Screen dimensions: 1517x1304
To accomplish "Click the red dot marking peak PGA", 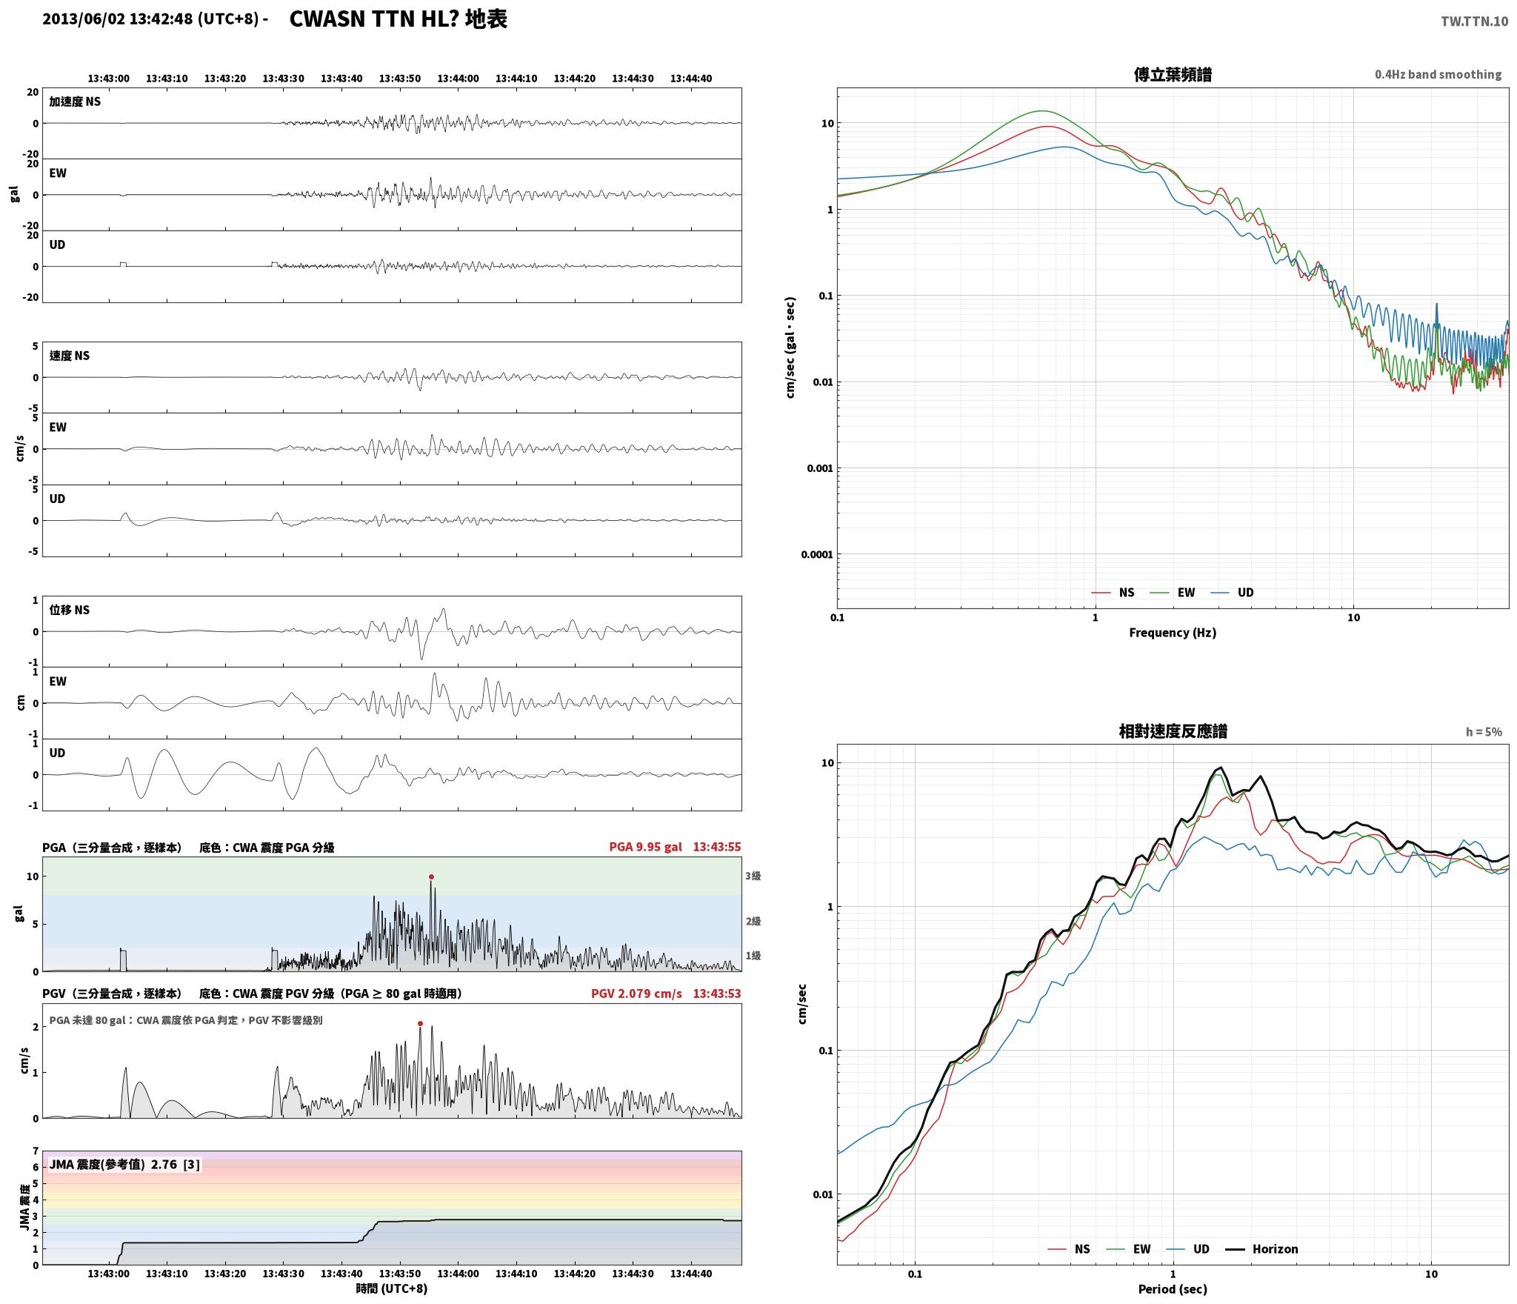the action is point(431,876).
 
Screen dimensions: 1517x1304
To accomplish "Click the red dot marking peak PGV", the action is point(420,1023).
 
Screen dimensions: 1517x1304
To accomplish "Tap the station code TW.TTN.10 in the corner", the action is point(1474,21).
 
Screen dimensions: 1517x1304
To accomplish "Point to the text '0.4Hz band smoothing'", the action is point(1438,74).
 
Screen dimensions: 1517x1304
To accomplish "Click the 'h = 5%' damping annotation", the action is point(1484,731).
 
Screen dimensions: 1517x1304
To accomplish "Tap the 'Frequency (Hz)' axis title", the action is point(1173,632).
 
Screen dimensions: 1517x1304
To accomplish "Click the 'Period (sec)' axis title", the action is point(1173,1289).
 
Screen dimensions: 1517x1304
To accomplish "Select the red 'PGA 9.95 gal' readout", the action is point(645,846).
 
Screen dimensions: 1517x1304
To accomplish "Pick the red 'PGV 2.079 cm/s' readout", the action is point(636,993).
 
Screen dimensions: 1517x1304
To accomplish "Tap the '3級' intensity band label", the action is point(753,876).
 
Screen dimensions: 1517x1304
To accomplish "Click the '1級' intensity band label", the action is point(753,955).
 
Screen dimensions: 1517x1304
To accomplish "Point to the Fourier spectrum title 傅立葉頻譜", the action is point(1173,74).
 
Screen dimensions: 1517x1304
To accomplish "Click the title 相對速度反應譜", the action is point(1173,731).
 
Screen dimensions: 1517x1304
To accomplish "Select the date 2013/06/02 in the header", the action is point(84,19).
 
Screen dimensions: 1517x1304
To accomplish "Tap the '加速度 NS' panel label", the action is point(75,102).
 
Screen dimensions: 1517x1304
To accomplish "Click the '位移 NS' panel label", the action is point(70,610).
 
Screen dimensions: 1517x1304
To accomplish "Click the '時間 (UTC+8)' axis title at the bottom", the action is point(392,1288).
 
